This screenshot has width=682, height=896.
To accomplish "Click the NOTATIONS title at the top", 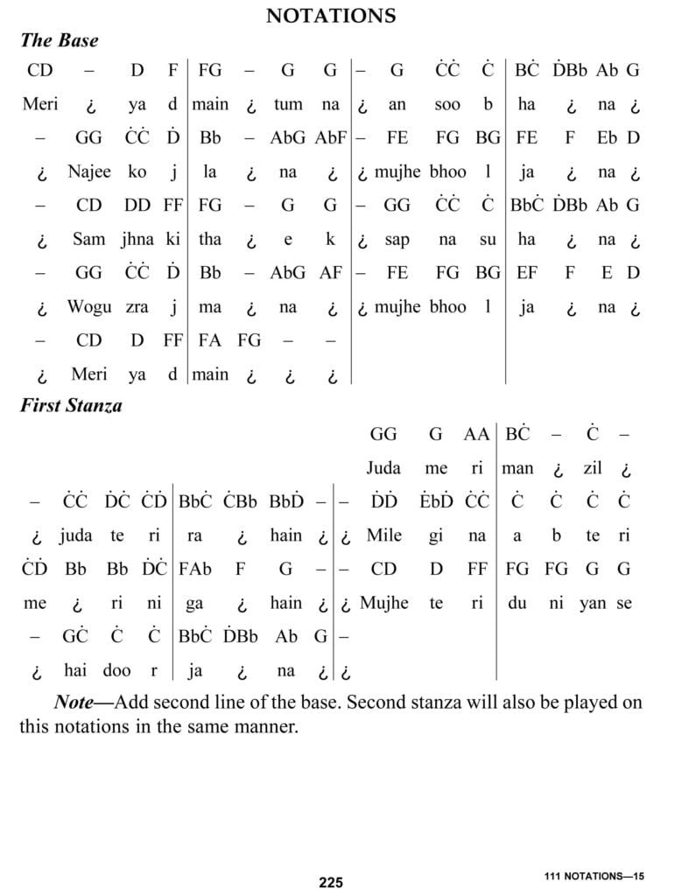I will pos(331,16).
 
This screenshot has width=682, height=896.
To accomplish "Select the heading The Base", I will pos(59,40).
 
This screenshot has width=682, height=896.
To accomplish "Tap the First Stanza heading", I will pos(71,406).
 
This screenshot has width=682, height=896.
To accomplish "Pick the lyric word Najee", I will pos(89,171).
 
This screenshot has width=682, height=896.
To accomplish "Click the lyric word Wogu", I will pos(89,307).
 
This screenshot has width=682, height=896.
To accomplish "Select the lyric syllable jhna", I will pos(137,239).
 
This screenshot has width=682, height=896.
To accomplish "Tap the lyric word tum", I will pos(288,104).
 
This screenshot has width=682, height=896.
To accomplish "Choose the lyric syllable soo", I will pos(447,104).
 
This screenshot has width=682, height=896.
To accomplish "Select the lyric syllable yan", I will pos(593,603).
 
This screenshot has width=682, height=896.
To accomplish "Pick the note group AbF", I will pos(331,137).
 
